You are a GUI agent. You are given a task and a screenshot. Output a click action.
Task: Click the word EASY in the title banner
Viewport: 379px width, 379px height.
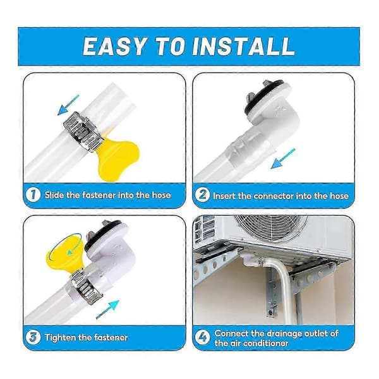pos(114,46)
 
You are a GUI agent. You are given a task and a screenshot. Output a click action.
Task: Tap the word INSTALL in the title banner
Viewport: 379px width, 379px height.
pos(243,46)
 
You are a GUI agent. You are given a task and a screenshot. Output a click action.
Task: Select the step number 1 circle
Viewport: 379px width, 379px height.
pos(33,195)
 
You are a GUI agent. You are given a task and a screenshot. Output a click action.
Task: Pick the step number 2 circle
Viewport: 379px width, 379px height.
pos(202,195)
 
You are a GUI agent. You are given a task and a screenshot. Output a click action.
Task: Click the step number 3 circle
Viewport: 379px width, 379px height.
pos(33,337)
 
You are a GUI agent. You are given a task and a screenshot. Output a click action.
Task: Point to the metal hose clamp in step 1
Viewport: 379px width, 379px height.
pos(83,132)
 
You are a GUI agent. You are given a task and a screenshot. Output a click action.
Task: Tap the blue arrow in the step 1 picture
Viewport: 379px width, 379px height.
pos(68,105)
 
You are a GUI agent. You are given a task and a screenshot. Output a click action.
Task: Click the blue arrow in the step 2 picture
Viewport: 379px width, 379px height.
pos(283,159)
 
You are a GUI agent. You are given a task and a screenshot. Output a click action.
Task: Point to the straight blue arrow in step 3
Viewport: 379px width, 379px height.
pos(107,310)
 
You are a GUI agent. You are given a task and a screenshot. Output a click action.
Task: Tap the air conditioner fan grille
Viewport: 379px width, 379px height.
pos(271,229)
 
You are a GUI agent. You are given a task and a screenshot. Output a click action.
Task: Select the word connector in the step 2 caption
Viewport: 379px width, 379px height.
pos(274,196)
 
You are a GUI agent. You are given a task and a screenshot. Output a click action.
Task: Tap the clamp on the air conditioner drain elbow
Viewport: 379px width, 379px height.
pos(260,261)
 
